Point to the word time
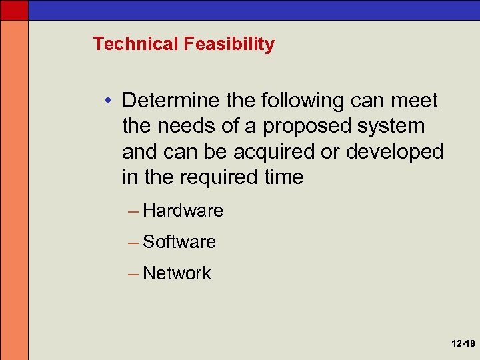283,177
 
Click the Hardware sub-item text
183,211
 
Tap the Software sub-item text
179,242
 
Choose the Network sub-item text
177,273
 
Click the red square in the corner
14,10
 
